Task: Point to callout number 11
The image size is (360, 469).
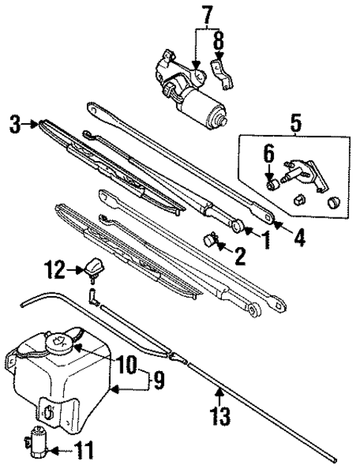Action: [x=87, y=450]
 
